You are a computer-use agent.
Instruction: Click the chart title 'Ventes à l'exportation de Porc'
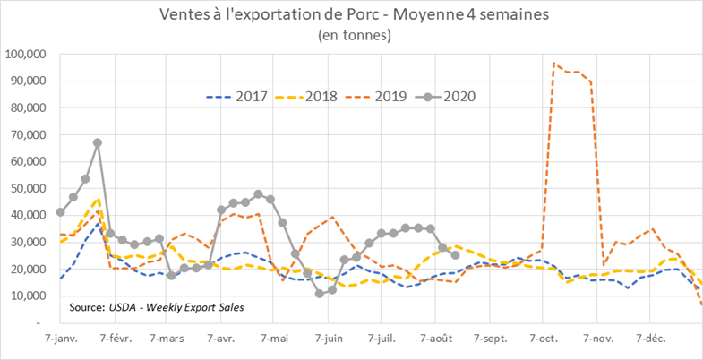tap(350, 14)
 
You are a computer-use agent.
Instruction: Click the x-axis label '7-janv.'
tap(60, 340)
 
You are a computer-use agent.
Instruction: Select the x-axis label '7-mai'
tap(275, 340)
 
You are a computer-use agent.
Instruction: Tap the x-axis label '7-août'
tap(435, 340)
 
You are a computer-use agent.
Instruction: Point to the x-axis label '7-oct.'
tap(543, 340)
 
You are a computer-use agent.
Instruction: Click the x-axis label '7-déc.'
tap(650, 340)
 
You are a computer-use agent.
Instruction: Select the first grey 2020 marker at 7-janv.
tap(60, 212)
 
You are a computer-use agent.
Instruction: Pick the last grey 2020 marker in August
tap(455, 255)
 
